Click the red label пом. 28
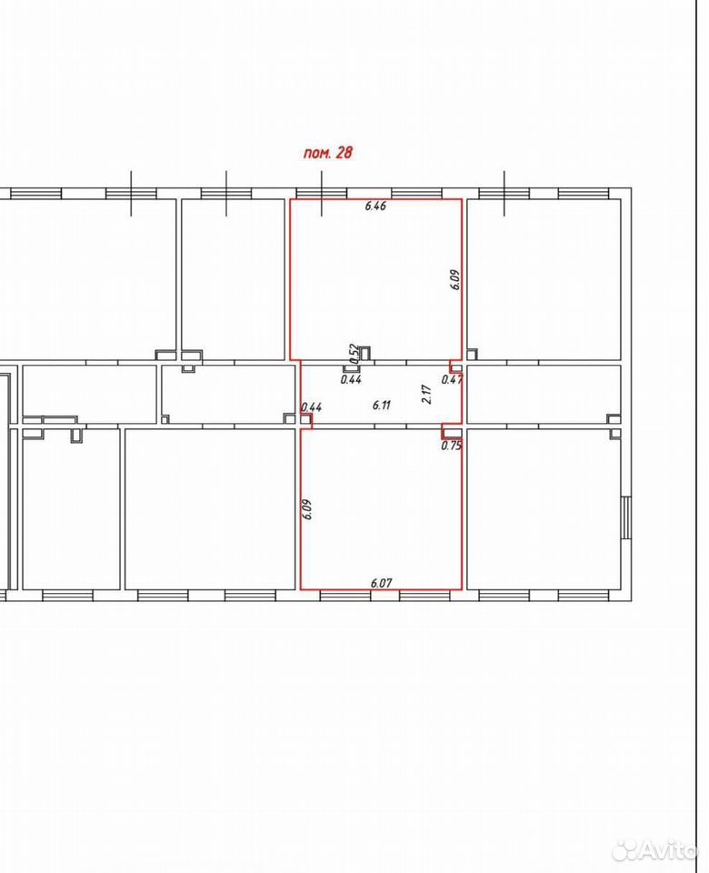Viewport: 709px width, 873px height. click(328, 153)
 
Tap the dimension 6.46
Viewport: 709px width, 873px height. click(375, 206)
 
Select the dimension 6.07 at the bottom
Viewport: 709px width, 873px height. click(381, 583)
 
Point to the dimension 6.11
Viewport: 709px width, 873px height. click(381, 405)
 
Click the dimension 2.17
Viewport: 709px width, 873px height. click(427, 394)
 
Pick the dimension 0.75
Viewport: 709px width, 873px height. click(452, 446)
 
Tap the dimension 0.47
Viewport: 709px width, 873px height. click(452, 380)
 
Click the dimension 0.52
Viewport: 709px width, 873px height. click(353, 354)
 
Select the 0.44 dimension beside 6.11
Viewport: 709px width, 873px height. click(312, 407)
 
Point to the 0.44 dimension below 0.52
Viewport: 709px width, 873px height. click(351, 380)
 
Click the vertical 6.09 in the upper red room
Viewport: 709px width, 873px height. click(455, 279)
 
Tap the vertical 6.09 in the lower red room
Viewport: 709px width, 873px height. click(307, 509)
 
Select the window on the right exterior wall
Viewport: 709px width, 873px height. click(626, 517)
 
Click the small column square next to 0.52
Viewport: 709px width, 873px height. click(365, 354)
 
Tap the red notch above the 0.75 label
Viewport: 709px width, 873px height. click(452, 431)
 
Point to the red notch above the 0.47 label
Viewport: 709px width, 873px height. click(455, 366)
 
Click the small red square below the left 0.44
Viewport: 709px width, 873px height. click(306, 421)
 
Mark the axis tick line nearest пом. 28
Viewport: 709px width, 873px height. click(322, 193)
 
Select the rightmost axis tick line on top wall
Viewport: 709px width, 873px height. click(504, 193)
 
